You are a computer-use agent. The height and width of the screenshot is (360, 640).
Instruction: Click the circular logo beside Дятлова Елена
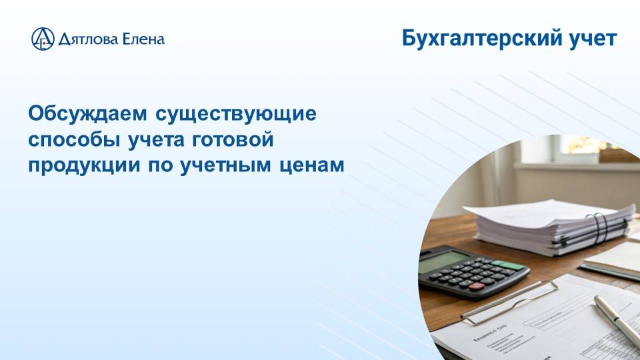[x=43, y=39]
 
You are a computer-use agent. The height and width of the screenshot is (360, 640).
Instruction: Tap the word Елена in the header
[x=143, y=39]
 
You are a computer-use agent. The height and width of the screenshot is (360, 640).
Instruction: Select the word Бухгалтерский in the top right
[x=477, y=39]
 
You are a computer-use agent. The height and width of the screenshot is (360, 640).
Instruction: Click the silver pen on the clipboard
[x=617, y=320]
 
